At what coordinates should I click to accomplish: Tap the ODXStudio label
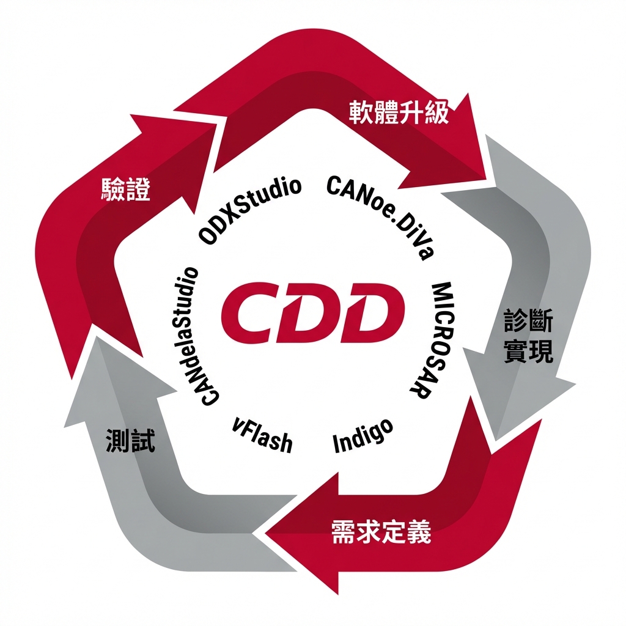pos(251,211)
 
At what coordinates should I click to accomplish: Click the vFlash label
pos(262,435)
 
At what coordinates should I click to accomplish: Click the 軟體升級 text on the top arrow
pos(399,112)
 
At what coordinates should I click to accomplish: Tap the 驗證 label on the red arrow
pos(125,190)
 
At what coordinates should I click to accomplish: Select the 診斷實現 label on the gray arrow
pos(528,336)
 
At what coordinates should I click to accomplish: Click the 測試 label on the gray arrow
pos(130,441)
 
